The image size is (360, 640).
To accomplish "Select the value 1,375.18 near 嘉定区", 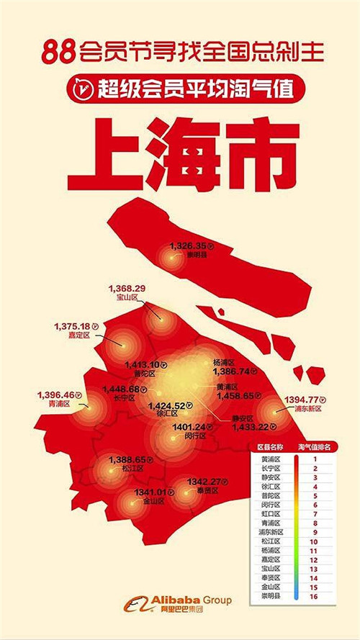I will tap(71, 326).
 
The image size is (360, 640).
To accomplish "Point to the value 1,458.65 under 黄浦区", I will tap(233, 395).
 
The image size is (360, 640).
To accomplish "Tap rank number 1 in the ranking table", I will tap(314, 459).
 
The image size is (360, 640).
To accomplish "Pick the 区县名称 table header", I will tap(271, 447).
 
